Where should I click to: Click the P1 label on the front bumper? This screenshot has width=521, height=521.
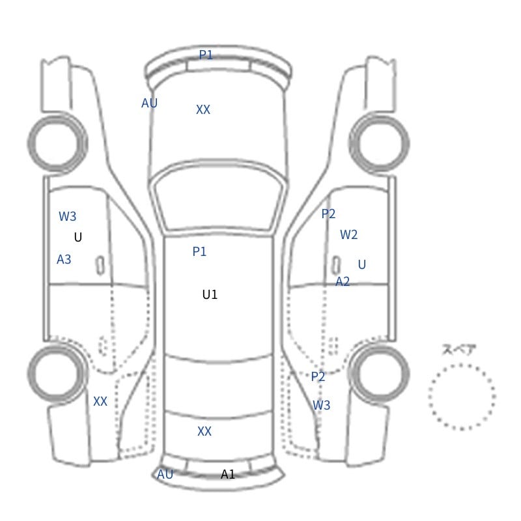point(206,55)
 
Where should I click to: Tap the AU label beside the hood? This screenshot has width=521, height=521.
point(149,103)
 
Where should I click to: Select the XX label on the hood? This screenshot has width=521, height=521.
point(203,109)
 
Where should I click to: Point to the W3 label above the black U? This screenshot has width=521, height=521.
point(68,216)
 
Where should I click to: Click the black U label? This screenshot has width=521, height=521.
point(78,237)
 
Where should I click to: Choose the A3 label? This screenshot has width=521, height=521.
point(64,259)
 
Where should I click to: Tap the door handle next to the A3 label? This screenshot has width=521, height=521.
point(100,266)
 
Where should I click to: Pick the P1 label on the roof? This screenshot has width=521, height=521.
point(199,251)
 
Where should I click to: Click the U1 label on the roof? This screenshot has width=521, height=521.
point(210,294)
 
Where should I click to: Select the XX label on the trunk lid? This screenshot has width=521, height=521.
point(204,431)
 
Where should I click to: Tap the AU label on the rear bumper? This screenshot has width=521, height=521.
point(165,474)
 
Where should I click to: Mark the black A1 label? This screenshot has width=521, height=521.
point(228,474)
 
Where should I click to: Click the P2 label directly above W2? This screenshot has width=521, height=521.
point(328,214)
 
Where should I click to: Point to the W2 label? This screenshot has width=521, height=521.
point(348,234)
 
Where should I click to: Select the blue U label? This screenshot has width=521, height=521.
point(362,264)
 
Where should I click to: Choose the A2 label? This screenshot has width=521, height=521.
point(343,281)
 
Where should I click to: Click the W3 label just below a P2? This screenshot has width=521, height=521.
point(321,405)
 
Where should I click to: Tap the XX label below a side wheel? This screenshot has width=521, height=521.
point(100,401)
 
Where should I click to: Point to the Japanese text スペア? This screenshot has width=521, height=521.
point(455,350)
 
